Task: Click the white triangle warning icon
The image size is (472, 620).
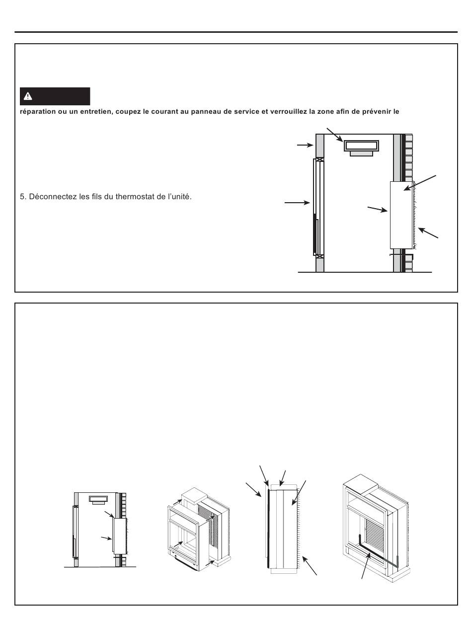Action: [28, 96]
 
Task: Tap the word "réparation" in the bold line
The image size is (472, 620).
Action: [38, 112]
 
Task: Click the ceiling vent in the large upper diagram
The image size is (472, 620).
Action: [361, 148]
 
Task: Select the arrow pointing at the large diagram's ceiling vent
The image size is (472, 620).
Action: [335, 135]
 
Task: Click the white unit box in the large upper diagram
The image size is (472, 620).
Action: [401, 215]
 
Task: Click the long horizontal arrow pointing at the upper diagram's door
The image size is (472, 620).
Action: [297, 203]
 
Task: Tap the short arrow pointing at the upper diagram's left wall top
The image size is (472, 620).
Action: [306, 145]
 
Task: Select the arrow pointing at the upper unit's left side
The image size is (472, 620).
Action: [378, 209]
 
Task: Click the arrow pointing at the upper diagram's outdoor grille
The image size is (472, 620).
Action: [428, 232]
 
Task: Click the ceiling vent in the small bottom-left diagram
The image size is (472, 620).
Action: [98, 500]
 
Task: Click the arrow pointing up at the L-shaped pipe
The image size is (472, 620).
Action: [366, 565]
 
